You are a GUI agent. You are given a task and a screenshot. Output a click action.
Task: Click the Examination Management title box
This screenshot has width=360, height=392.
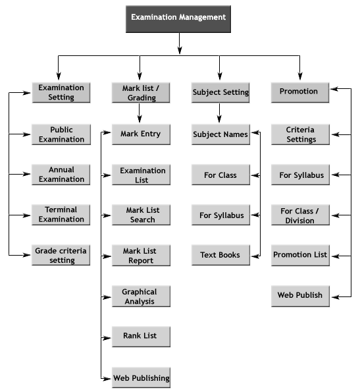point(178,19)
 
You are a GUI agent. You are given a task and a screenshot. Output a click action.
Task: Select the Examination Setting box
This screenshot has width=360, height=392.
point(61,92)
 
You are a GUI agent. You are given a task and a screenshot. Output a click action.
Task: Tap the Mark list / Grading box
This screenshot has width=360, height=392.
point(141,93)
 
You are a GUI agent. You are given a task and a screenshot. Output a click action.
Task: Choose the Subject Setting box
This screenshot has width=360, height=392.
point(220,92)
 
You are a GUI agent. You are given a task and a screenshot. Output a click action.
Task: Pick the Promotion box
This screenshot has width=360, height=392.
point(300,92)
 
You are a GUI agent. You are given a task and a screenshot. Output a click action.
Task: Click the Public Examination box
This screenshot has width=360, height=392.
point(61,134)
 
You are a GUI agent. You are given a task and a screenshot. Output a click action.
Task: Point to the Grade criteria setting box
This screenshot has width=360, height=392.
point(61,255)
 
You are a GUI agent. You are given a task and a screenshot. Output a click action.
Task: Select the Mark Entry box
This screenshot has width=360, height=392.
point(141,134)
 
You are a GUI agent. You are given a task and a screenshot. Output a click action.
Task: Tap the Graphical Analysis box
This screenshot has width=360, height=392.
point(141,296)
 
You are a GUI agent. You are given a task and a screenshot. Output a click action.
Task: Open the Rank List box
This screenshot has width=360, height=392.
point(141,337)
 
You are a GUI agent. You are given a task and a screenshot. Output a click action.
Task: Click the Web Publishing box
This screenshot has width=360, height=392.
point(141,378)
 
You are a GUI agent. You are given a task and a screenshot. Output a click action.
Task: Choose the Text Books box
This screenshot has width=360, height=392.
point(220,255)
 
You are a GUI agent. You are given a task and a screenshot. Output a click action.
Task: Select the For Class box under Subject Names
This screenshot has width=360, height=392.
point(220,175)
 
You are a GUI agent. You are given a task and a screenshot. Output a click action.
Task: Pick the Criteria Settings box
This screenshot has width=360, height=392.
point(300,134)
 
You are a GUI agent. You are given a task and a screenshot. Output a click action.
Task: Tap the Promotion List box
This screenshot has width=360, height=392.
point(300,255)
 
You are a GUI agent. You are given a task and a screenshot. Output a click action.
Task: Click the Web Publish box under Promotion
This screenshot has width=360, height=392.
point(300,296)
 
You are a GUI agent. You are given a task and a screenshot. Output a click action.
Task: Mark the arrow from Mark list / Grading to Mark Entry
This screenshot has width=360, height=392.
point(140,113)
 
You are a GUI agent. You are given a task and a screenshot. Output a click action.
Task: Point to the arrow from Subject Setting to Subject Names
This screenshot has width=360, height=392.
point(219,113)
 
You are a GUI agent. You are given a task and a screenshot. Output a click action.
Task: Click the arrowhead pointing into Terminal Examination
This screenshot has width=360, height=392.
point(26,215)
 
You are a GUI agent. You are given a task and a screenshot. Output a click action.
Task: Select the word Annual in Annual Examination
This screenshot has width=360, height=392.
point(61,170)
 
